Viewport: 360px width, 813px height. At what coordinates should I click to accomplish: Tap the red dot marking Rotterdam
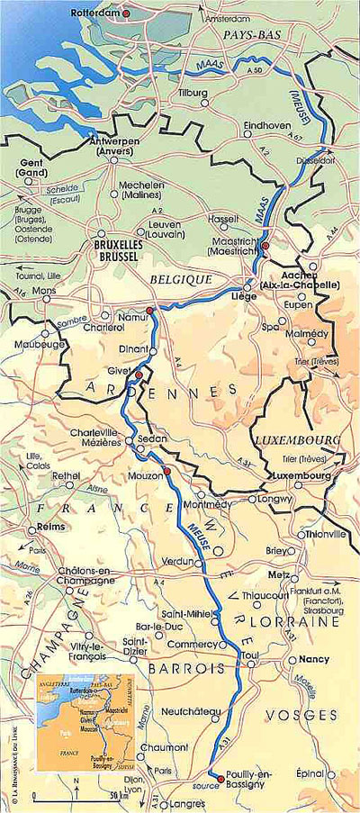click(x=127, y=14)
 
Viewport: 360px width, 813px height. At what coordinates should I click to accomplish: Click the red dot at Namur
click(x=150, y=310)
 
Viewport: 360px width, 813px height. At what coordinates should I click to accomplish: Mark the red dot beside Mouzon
click(x=166, y=470)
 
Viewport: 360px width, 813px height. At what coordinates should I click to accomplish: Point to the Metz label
click(x=279, y=574)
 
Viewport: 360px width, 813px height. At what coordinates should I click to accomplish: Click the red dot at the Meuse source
click(x=220, y=778)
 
